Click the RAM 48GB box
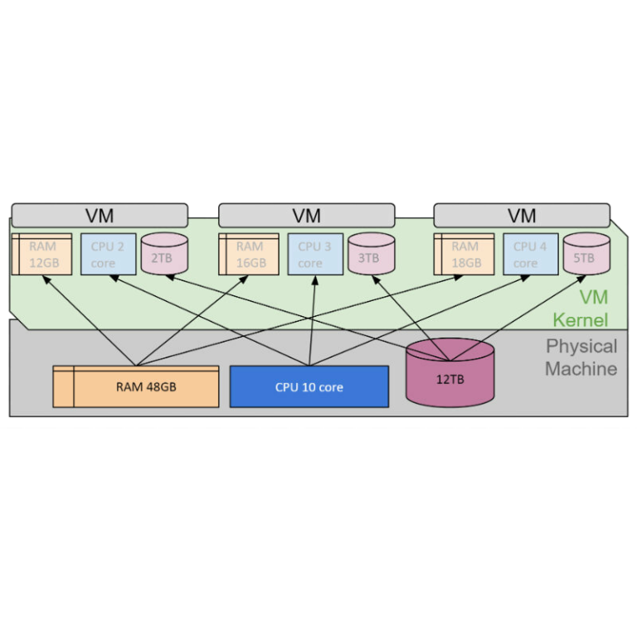(136, 387)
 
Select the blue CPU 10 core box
(309, 387)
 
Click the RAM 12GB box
(42, 254)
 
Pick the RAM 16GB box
(250, 254)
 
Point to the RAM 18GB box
(464, 254)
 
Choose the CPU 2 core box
(108, 254)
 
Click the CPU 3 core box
(315, 254)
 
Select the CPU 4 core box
(530, 254)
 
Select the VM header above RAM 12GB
(100, 216)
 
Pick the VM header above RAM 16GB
(306, 216)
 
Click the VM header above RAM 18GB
(522, 216)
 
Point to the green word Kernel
(581, 320)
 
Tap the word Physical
(581, 346)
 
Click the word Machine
(581, 368)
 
